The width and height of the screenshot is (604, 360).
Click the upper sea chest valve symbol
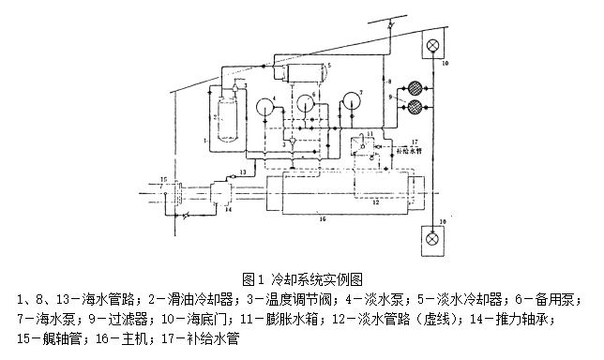click(433, 46)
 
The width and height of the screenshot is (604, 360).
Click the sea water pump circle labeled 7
click(351, 100)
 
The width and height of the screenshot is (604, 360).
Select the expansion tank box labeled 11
click(358, 147)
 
